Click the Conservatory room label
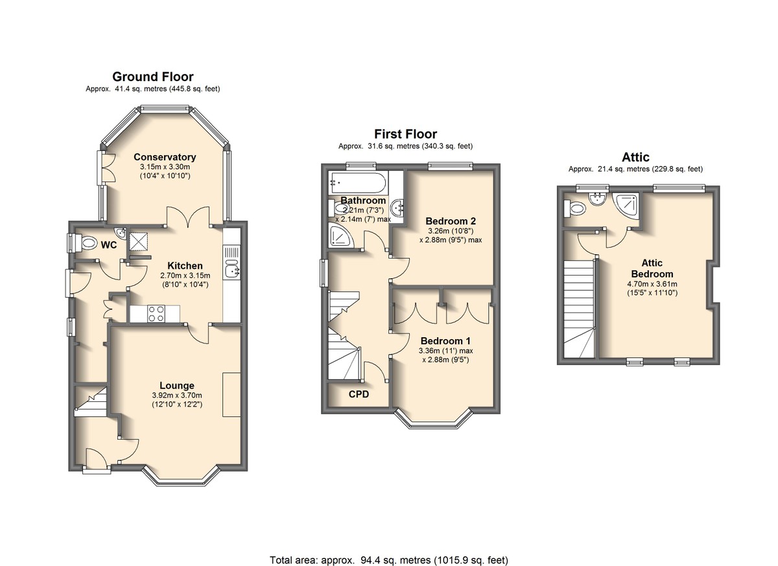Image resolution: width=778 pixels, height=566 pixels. tap(165, 157)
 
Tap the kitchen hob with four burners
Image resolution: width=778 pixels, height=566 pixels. tap(156, 314)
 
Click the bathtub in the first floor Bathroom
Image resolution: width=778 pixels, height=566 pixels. tap(357, 182)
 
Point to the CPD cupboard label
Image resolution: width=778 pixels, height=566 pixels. tap(359, 394)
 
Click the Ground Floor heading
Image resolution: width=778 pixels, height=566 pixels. tap(153, 77)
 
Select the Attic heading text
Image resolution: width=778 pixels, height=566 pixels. tap(635, 157)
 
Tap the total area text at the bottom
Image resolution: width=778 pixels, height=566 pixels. tap(389, 550)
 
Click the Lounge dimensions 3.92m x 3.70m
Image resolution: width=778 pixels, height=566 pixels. tap(177, 395)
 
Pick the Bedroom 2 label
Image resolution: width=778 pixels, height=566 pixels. tap(451, 221)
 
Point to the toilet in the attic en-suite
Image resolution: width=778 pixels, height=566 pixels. tap(575, 208)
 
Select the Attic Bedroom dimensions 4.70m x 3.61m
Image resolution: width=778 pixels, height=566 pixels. tap(652, 284)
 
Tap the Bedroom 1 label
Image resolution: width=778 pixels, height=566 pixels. tap(445, 340)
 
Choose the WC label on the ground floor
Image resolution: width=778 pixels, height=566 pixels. tap(109, 245)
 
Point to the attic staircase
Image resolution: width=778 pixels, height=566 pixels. tap(578, 309)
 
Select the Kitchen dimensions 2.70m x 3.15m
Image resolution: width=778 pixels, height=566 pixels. tap(185, 276)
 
